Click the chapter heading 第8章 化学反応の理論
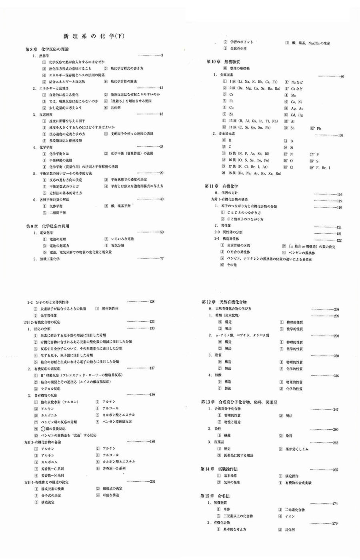pos(47,49)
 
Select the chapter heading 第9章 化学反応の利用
pos(48,226)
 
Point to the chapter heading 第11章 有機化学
pos(221,186)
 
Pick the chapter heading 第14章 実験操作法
pos(223,469)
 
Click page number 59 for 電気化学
pos(162,232)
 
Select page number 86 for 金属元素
pos(342,76)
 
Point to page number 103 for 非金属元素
pos(341,135)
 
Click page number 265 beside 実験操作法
pos(335,470)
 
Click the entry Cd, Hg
pos(297,115)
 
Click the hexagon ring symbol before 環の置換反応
pos(43,428)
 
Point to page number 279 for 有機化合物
pos(335,523)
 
